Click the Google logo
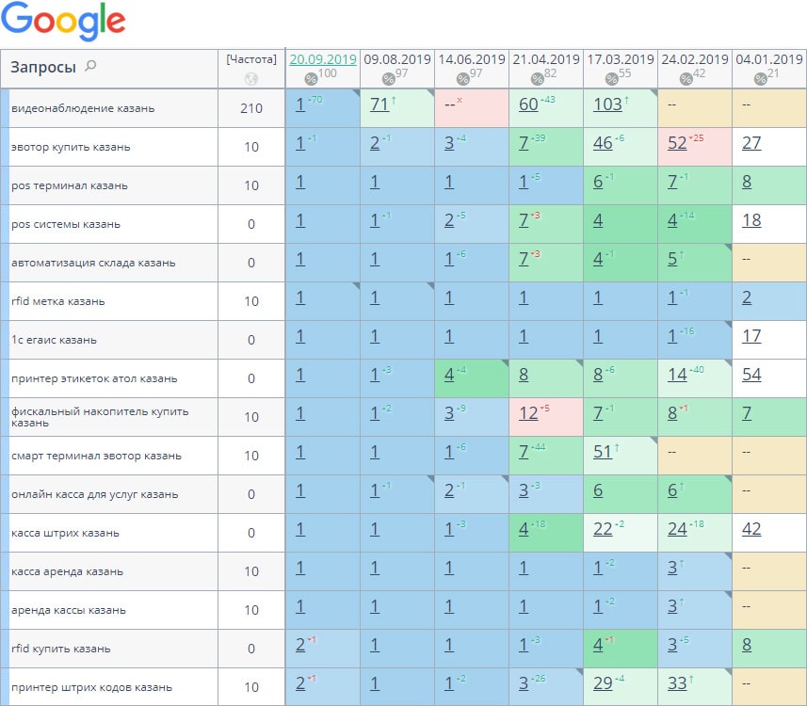pyautogui.click(x=63, y=23)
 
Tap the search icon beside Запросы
pyautogui.click(x=90, y=66)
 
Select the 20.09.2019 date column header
pyautogui.click(x=323, y=59)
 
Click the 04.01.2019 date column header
pyautogui.click(x=768, y=59)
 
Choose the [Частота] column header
pyautogui.click(x=251, y=58)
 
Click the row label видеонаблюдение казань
pyautogui.click(x=83, y=108)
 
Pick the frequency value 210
pyautogui.click(x=251, y=108)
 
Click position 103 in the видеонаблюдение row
pyautogui.click(x=607, y=104)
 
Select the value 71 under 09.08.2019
pyautogui.click(x=379, y=104)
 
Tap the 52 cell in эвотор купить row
pyautogui.click(x=677, y=143)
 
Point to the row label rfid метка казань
pyautogui.click(x=58, y=301)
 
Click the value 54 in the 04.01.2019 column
pyautogui.click(x=751, y=375)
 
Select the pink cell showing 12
pyautogui.click(x=528, y=413)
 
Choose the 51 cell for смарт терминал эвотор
pyautogui.click(x=603, y=452)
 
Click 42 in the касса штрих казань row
pyautogui.click(x=751, y=529)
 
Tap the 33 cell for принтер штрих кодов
pyautogui.click(x=677, y=683)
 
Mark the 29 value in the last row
pyautogui.click(x=603, y=683)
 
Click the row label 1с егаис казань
pyautogui.click(x=54, y=340)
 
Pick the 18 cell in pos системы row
pyautogui.click(x=751, y=220)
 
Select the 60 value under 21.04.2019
pyautogui.click(x=528, y=104)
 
